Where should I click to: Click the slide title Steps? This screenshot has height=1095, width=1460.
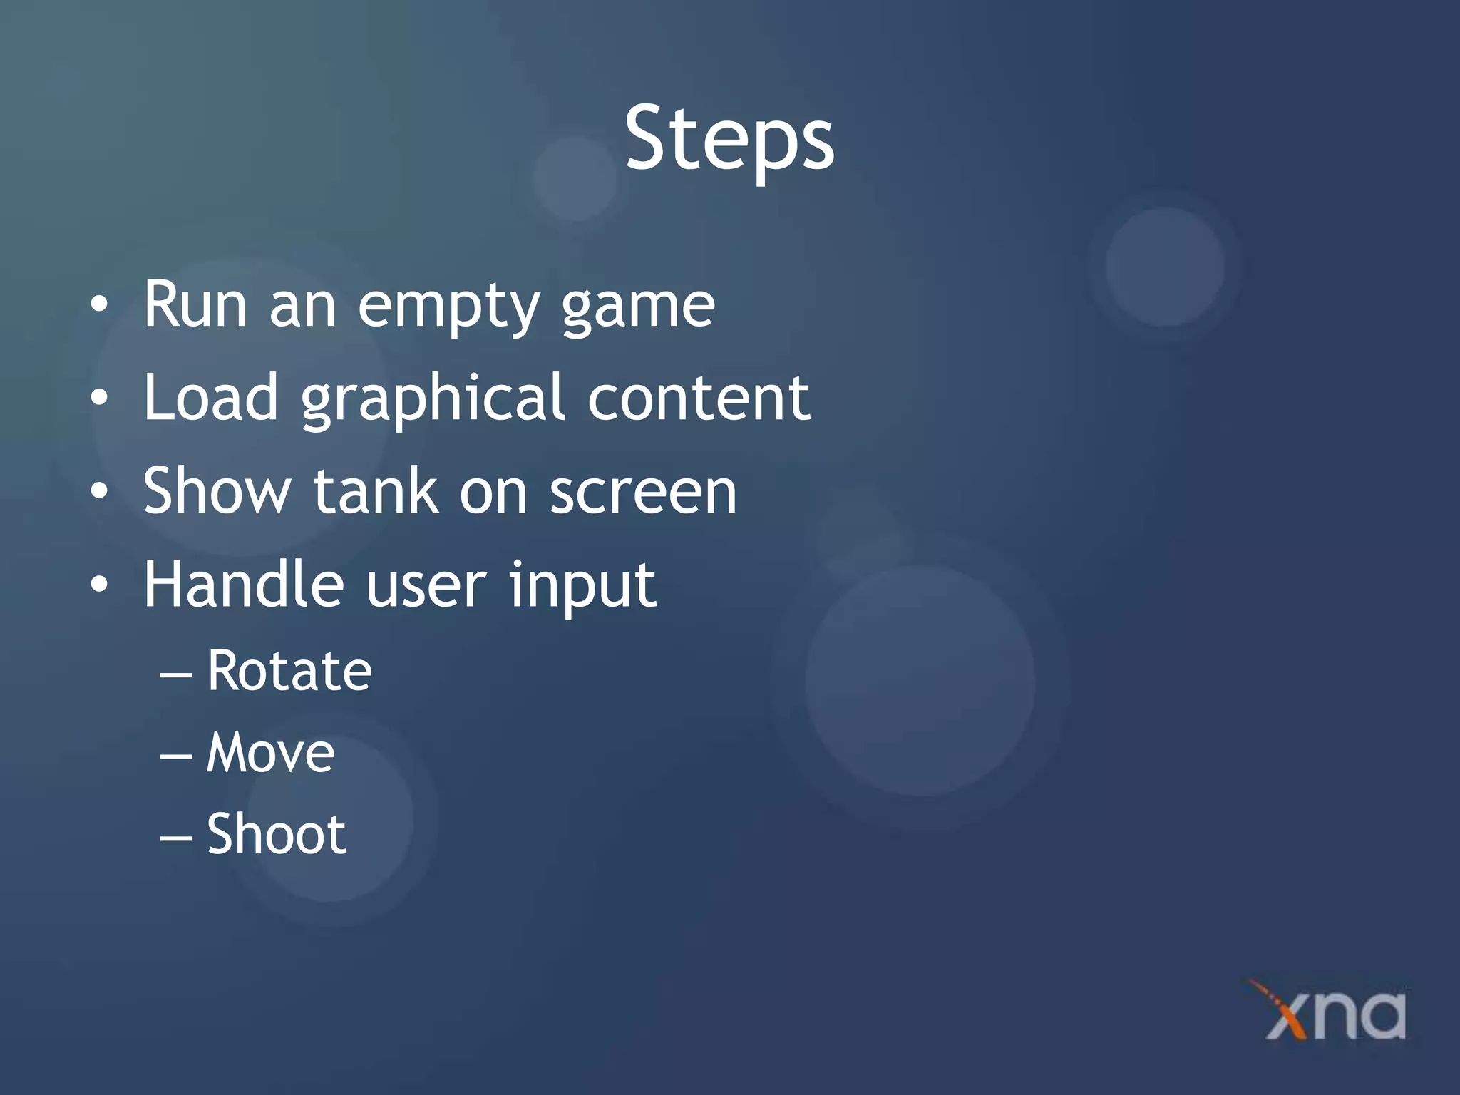(x=729, y=139)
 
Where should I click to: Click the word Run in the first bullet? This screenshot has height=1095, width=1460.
(x=195, y=305)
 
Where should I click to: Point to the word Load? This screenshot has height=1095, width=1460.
(x=210, y=398)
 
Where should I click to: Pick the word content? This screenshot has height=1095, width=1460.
(x=699, y=398)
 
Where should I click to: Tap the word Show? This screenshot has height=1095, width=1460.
(x=217, y=491)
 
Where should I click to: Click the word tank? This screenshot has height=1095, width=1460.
(x=375, y=491)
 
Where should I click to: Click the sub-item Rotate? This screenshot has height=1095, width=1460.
(x=289, y=672)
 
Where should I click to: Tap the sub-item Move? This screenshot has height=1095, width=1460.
(x=270, y=754)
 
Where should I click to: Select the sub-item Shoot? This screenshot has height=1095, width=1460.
(x=276, y=834)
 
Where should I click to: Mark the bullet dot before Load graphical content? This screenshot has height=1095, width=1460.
(x=100, y=399)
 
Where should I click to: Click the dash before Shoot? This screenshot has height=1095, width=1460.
(x=175, y=837)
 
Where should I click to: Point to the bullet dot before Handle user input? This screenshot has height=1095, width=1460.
(x=100, y=585)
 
